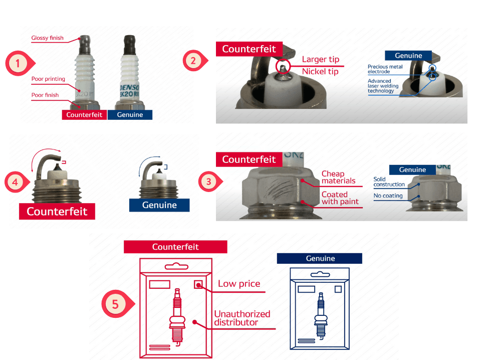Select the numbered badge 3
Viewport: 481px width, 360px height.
210,182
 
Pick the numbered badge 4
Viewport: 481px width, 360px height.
17,182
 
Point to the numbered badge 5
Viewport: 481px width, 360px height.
117,304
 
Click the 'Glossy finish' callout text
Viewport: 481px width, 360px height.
47,38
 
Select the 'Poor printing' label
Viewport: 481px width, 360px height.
48,79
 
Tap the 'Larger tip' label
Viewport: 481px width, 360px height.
321,59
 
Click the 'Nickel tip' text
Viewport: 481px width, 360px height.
320,72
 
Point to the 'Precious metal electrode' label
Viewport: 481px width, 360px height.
385,69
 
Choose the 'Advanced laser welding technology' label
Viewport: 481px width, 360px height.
383,86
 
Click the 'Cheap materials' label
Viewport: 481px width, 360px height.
338,177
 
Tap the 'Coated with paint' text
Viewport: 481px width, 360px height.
340,198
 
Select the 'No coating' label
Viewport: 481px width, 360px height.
388,196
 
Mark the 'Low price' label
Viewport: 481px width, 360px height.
239,284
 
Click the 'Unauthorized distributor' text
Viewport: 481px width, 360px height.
242,318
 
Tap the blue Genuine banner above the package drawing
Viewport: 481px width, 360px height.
319,258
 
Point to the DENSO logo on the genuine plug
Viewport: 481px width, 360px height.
129,87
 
